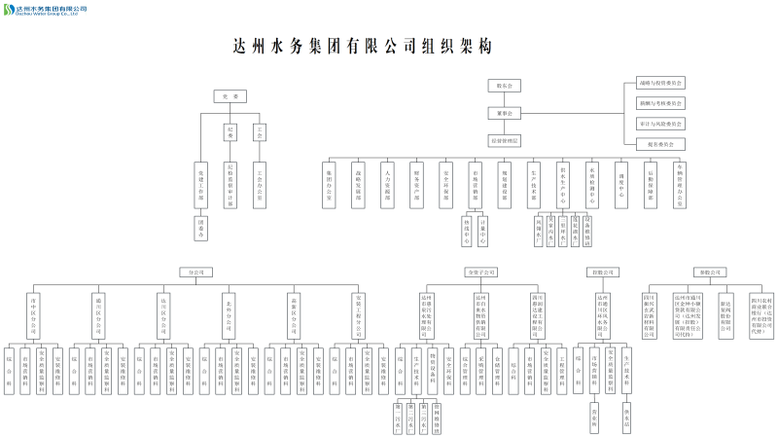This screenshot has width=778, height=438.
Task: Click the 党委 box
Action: coord(230,96)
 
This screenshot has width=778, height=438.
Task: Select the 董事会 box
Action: coord(505,113)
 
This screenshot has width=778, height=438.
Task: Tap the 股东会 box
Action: coord(505,86)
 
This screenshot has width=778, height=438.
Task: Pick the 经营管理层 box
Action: coord(505,140)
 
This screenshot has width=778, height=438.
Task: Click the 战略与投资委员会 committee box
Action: coord(660,84)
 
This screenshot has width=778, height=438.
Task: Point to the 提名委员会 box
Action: coord(660,143)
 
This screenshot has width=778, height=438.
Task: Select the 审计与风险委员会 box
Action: coord(660,124)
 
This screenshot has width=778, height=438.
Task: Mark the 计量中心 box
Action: coord(483,231)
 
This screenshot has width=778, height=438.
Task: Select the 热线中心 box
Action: coord(467,231)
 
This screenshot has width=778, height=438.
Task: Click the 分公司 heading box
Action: coord(194,272)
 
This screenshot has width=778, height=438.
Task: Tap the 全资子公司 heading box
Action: coord(480,272)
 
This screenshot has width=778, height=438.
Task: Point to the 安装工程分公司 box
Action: coord(358,313)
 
